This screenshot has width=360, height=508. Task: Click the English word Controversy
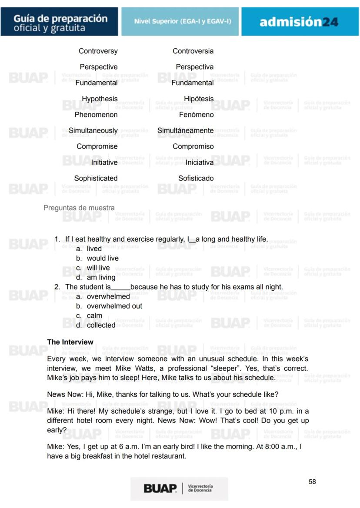(x=98, y=51)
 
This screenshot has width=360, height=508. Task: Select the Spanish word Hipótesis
(x=198, y=99)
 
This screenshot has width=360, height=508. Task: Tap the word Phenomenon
(x=96, y=115)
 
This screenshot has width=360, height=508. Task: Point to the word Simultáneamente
(x=185, y=130)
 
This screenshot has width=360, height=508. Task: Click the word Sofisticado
(x=196, y=178)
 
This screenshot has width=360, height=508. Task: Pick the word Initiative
(x=104, y=163)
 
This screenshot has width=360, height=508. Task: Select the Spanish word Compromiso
(x=193, y=146)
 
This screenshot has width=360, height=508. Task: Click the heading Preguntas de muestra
(x=79, y=208)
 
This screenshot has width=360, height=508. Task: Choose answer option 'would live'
(x=103, y=258)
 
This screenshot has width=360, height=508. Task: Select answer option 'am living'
(x=101, y=277)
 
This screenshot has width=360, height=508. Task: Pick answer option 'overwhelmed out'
(x=114, y=306)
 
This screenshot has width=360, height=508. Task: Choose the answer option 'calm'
(x=94, y=315)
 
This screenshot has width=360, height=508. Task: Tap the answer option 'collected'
(x=101, y=325)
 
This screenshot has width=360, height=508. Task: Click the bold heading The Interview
(x=70, y=342)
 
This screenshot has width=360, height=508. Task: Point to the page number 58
(x=312, y=481)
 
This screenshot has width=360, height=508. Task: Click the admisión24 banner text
(x=299, y=22)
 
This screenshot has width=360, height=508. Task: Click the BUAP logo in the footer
(x=160, y=488)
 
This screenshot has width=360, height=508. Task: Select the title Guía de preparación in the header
(x=60, y=19)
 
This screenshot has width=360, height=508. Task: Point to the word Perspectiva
(x=194, y=67)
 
